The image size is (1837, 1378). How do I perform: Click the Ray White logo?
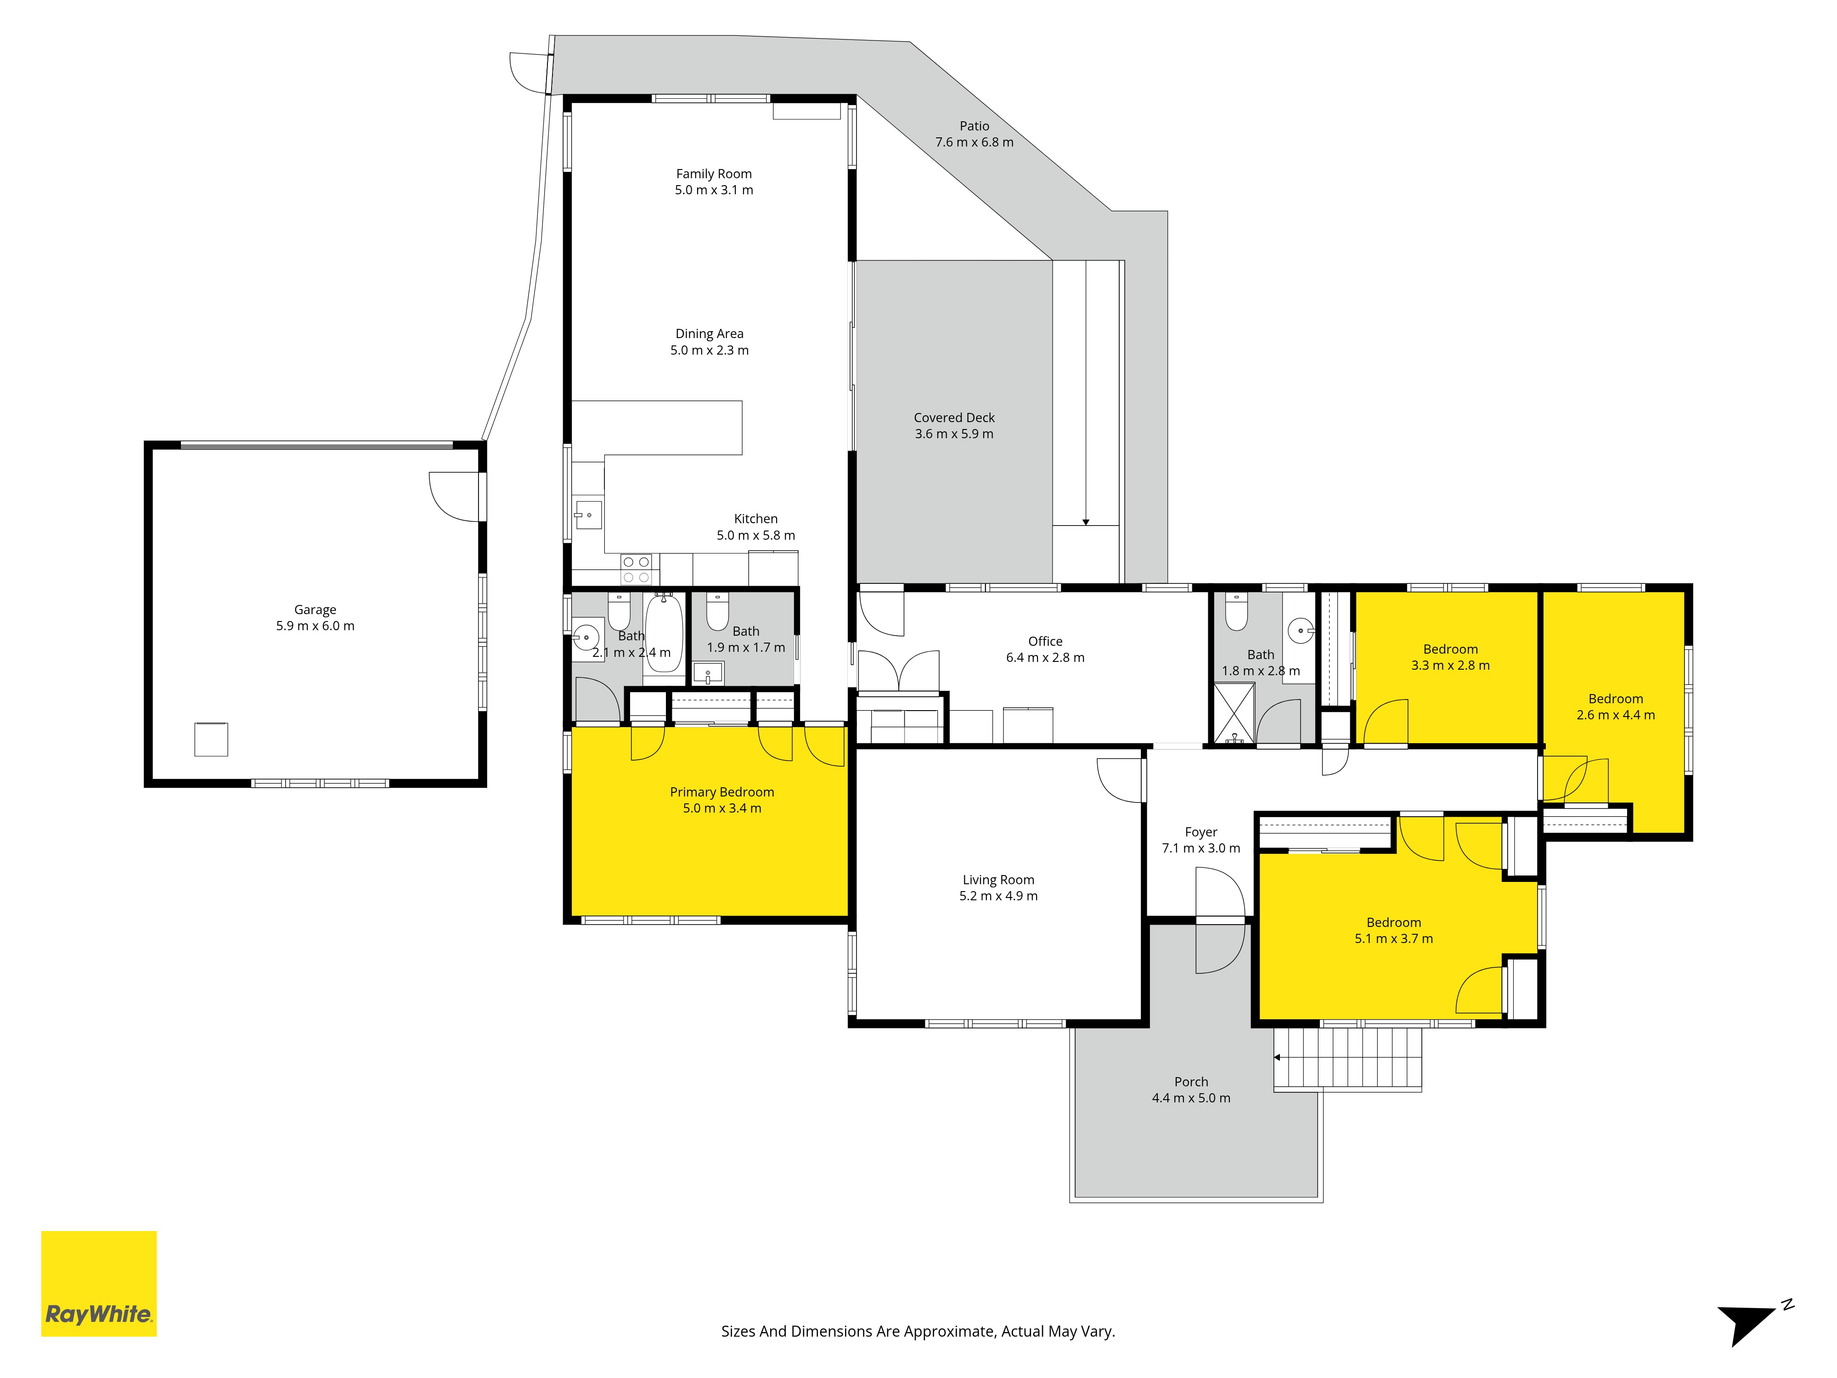click(x=99, y=1283)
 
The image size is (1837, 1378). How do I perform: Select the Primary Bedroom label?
click(x=721, y=792)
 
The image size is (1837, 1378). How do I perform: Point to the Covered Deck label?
click(x=954, y=418)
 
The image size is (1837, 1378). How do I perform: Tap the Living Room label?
click(x=998, y=880)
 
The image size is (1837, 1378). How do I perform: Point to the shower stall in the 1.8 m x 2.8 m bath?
click(x=1234, y=713)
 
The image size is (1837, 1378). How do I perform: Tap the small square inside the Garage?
click(x=211, y=739)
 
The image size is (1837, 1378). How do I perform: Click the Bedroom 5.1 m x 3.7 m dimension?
click(x=1393, y=938)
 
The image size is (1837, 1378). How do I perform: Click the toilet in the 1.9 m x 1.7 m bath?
click(x=717, y=611)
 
